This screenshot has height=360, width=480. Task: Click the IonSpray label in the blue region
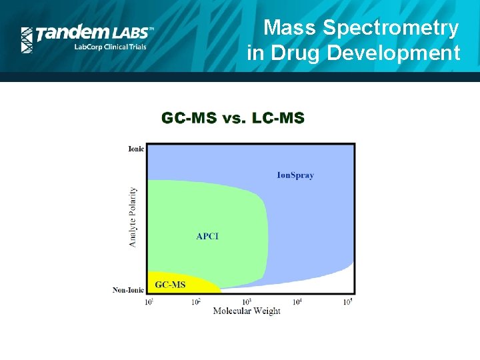click(295, 175)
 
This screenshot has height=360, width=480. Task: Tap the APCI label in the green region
click(207, 236)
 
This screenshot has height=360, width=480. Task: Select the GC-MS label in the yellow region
click(171, 285)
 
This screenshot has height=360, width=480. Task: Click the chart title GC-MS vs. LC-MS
click(233, 119)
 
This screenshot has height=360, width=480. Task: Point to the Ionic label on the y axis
click(135, 149)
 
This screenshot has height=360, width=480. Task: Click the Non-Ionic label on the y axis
click(128, 290)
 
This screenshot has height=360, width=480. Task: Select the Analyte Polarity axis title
click(133, 217)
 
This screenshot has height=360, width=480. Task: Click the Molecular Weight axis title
click(247, 311)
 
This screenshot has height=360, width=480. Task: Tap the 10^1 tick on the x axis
click(149, 302)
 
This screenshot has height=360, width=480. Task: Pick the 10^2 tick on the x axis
click(197, 302)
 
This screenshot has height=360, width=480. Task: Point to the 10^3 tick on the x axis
click(247, 302)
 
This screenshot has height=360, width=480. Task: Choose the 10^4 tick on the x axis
click(297, 302)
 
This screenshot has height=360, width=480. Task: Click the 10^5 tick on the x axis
click(347, 302)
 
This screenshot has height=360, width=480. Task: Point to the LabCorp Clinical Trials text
click(110, 47)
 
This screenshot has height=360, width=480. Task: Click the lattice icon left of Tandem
click(27, 40)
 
